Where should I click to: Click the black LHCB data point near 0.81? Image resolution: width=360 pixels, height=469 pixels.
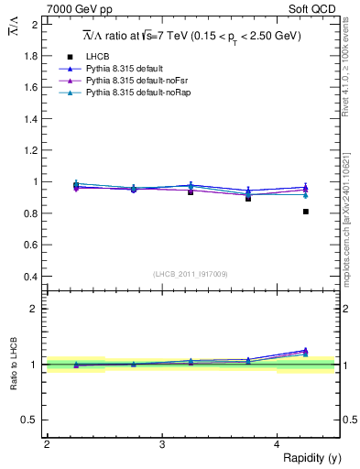coord(306,212)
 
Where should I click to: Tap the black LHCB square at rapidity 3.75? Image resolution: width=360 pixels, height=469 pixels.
coord(248,198)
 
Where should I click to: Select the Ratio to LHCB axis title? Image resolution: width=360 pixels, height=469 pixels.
coord(14,365)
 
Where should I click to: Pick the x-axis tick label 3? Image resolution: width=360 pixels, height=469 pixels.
coord(161,444)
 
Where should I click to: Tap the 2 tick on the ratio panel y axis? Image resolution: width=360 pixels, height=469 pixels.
coord(35,309)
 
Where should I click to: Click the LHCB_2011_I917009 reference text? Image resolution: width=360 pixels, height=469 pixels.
coord(191,274)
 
